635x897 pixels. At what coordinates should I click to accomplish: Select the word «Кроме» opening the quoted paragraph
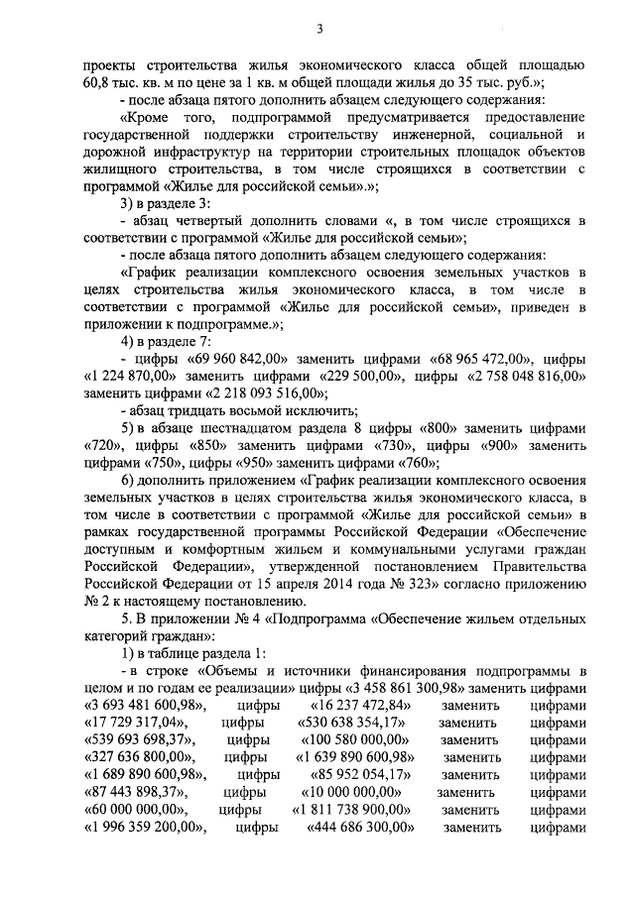145,115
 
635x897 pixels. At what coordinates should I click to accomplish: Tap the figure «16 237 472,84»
345,705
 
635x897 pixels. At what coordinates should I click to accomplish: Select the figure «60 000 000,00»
139,810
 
